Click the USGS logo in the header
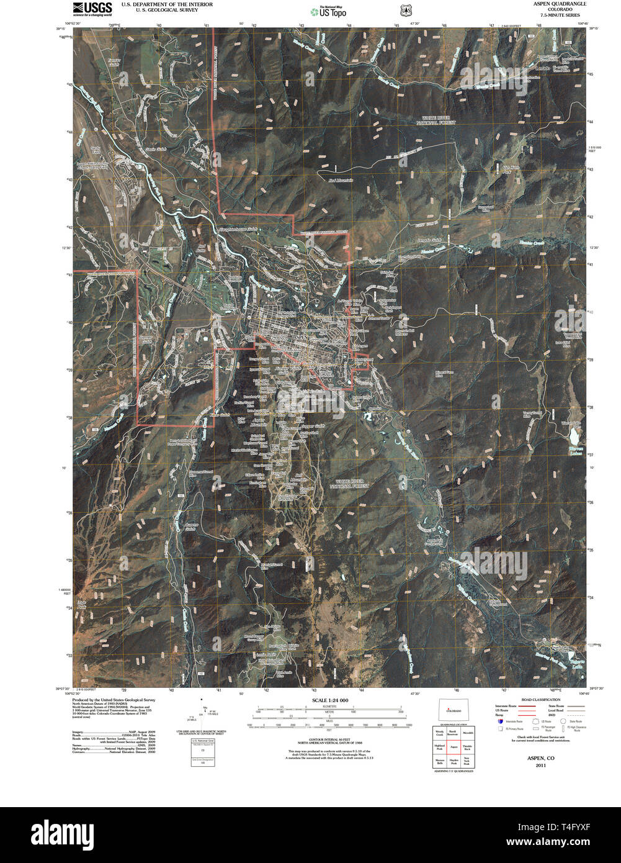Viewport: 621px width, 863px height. click(x=92, y=8)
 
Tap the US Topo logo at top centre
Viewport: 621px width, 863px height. click(x=328, y=11)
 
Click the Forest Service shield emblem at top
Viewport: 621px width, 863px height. click(x=406, y=11)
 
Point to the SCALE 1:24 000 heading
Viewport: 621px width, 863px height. click(x=329, y=700)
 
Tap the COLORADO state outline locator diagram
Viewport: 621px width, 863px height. click(x=454, y=711)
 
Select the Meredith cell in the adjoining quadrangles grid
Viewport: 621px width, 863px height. click(x=468, y=733)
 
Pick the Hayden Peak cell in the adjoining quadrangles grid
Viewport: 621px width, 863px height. click(x=453, y=761)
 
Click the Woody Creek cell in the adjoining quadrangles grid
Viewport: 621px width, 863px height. click(x=439, y=733)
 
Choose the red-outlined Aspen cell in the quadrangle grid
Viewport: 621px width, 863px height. click(x=453, y=747)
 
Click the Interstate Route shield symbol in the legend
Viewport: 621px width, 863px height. click(x=499, y=721)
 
